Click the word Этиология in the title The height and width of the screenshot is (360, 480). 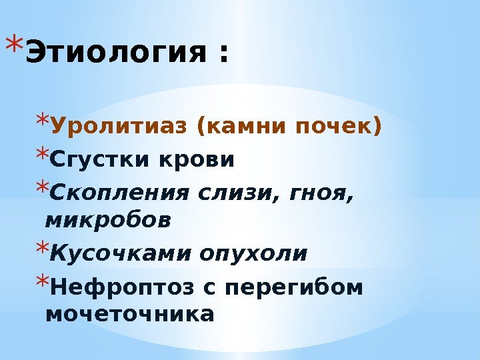tap(115, 53)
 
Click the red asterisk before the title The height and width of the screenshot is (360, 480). tap(13, 45)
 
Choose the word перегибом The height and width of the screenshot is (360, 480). tap(303, 288)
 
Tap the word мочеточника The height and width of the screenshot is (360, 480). tap(130, 313)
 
